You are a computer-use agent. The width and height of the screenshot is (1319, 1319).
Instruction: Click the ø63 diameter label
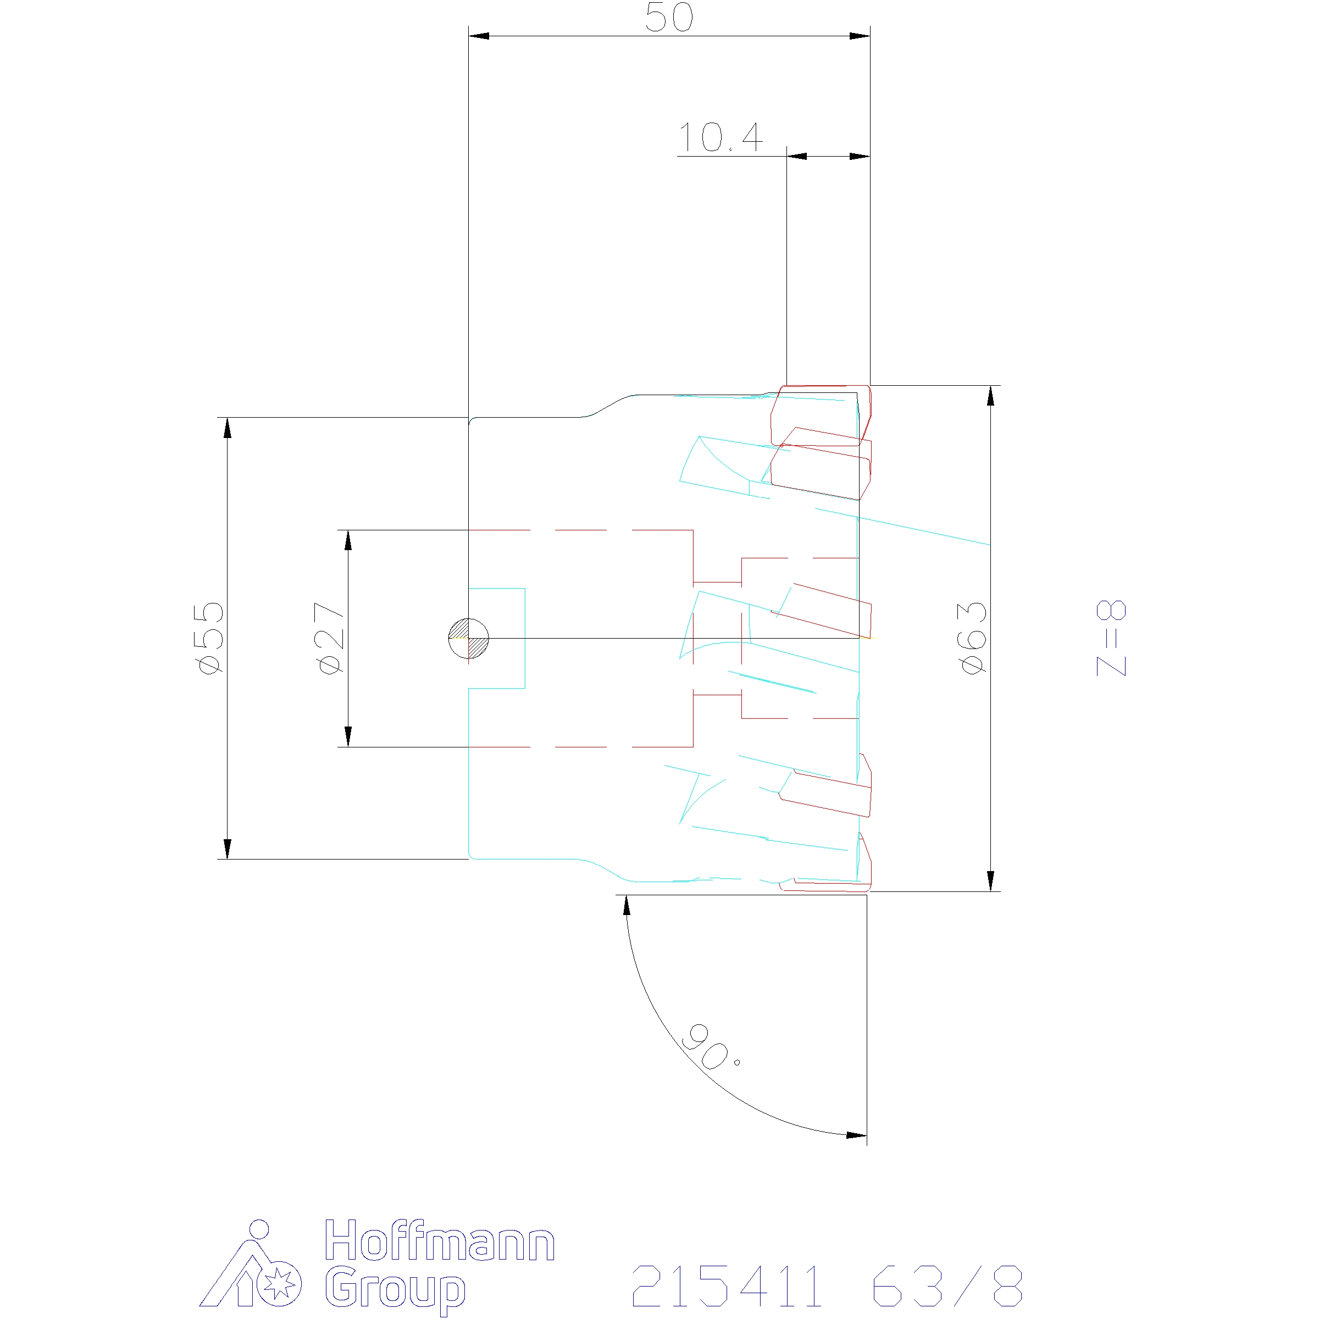point(973,638)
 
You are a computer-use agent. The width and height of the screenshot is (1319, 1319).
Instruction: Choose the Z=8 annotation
point(1111,638)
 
